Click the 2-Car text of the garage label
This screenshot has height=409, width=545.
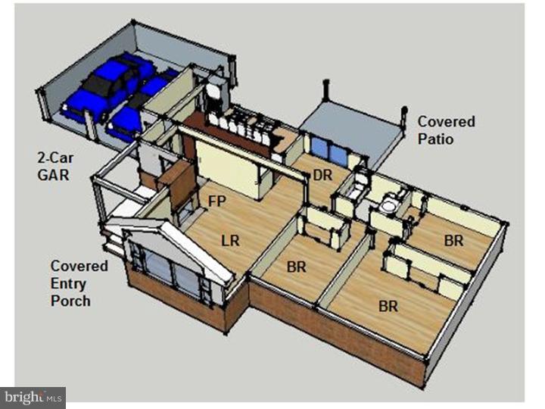tap(55, 158)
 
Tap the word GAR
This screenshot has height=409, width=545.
tap(53, 175)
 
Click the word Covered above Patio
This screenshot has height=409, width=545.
tap(447, 122)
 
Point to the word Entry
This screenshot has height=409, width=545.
tap(68, 284)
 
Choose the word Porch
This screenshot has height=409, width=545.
tap(70, 301)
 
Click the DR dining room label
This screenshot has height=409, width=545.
tap(323, 175)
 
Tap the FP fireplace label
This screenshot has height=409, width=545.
tap(217, 201)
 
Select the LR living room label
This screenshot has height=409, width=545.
tap(230, 241)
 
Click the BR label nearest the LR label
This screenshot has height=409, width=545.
tap(297, 267)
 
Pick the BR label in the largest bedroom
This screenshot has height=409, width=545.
tap(388, 307)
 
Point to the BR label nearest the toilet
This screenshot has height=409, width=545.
tap(453, 241)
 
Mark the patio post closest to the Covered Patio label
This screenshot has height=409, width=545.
tap(403, 120)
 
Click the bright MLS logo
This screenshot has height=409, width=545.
tap(33, 397)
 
